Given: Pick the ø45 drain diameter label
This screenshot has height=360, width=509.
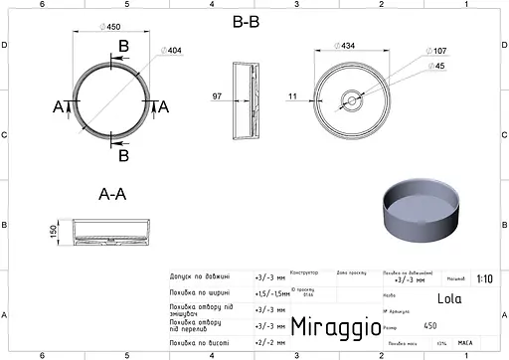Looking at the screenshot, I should click(x=435, y=67).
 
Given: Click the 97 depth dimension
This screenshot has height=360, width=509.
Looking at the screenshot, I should click(x=218, y=96).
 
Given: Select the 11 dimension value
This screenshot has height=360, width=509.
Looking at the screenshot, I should click(x=292, y=96).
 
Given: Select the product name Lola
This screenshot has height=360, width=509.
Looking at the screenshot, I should click(x=448, y=297).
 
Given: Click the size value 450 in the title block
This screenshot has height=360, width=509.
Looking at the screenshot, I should click(x=429, y=325).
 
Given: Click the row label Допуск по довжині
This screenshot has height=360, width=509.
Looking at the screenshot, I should click(x=200, y=277).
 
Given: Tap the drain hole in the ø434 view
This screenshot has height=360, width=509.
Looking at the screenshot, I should click(x=351, y=99).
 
